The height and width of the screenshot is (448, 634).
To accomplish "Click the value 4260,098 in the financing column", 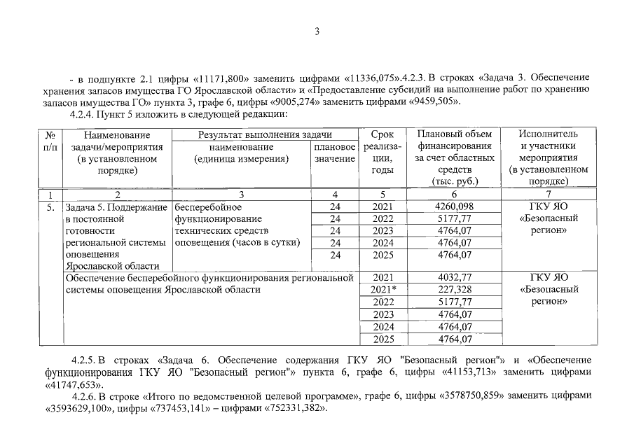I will tap(453, 207).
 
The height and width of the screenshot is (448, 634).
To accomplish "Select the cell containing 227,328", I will tap(453, 290).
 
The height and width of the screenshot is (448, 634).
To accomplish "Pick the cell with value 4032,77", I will tap(453, 278).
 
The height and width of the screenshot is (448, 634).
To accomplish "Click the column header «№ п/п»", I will tap(50, 140).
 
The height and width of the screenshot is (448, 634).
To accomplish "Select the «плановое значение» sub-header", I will tap(335, 153).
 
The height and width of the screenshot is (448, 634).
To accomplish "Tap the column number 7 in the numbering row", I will tap(549, 194).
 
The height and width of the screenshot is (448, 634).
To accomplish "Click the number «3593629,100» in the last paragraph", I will tap(75, 409).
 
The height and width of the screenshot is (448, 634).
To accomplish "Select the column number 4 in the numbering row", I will tap(335, 194).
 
